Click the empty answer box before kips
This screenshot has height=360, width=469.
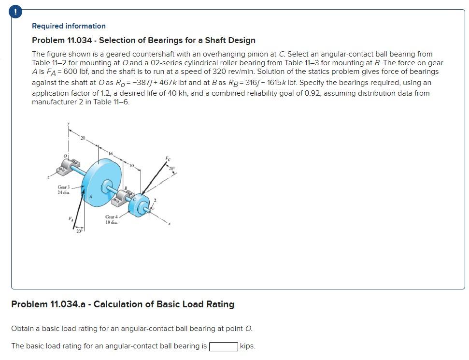224,346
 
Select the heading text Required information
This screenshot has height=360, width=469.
69,26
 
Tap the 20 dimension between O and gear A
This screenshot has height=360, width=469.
83,139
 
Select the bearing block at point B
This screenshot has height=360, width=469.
123,198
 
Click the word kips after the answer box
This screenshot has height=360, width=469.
247,346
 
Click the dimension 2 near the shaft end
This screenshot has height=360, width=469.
156,200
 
